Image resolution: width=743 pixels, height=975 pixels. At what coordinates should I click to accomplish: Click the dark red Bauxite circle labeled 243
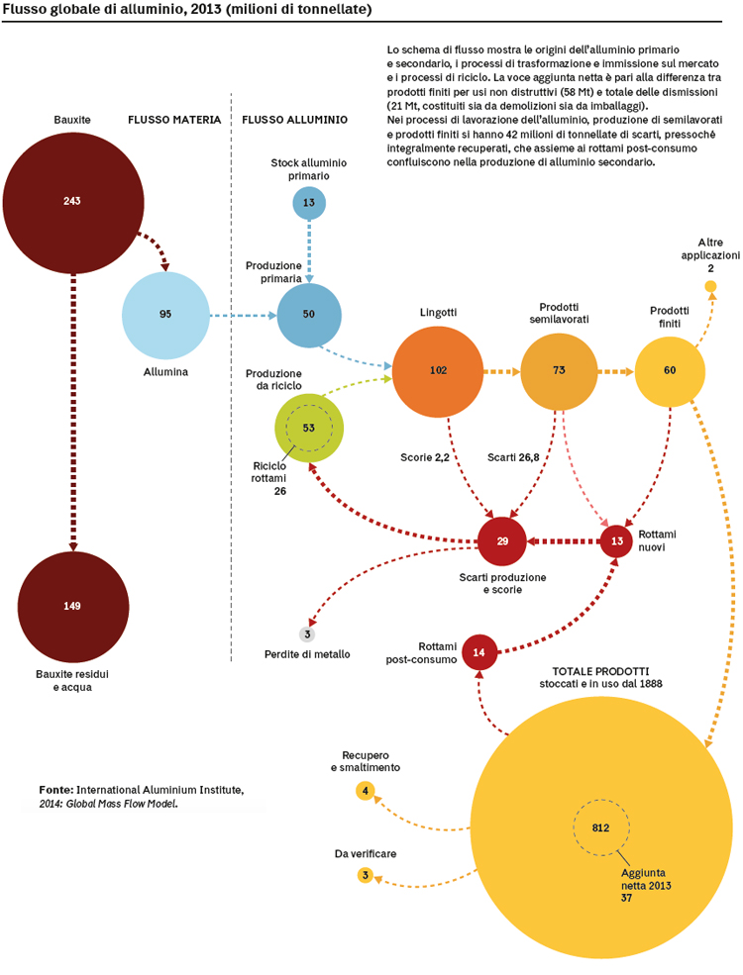pos(72,202)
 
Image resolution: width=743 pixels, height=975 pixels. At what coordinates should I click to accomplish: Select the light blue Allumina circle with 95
pos(165,315)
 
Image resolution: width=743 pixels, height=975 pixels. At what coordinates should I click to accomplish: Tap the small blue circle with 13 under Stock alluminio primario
pos(309,203)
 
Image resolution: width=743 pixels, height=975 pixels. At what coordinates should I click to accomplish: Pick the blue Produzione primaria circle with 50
pos(309,315)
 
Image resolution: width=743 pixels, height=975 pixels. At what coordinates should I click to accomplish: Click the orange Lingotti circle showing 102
pos(438,372)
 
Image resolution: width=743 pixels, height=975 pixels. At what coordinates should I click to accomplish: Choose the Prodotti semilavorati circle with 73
pos(559,371)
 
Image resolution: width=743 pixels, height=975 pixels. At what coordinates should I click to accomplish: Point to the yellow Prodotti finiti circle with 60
pos(670,372)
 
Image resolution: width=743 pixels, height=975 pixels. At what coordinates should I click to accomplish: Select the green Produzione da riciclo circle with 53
pos(309,428)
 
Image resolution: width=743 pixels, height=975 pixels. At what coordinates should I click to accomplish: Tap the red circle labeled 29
pos(502,541)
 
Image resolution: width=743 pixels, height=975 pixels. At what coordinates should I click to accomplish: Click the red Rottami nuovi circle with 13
pos(616,541)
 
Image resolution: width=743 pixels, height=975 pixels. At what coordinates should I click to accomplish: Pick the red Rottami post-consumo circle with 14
pos(479,652)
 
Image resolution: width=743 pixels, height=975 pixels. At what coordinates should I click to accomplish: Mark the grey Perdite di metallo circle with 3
pos(307,634)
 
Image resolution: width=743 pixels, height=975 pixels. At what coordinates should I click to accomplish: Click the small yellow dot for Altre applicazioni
pos(710,286)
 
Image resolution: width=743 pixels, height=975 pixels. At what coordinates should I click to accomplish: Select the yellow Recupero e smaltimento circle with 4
pos(366,791)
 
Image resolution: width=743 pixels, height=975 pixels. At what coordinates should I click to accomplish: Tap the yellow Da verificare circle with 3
pos(366,875)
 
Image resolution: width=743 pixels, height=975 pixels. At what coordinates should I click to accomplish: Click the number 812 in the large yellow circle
pos(601,828)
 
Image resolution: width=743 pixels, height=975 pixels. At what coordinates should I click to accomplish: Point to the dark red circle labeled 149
pos(72,606)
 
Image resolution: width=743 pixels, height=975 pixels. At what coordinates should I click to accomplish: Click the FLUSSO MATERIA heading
pos(174,120)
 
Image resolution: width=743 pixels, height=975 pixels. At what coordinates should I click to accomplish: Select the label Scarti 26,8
pos(513,457)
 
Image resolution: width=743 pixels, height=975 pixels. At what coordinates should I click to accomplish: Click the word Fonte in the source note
pos(56,790)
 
